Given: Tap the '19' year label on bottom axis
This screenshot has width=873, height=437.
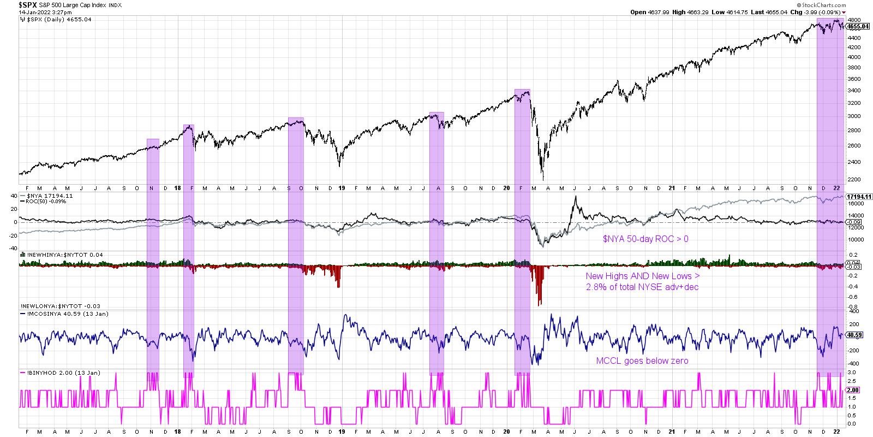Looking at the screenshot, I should click(x=342, y=431).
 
